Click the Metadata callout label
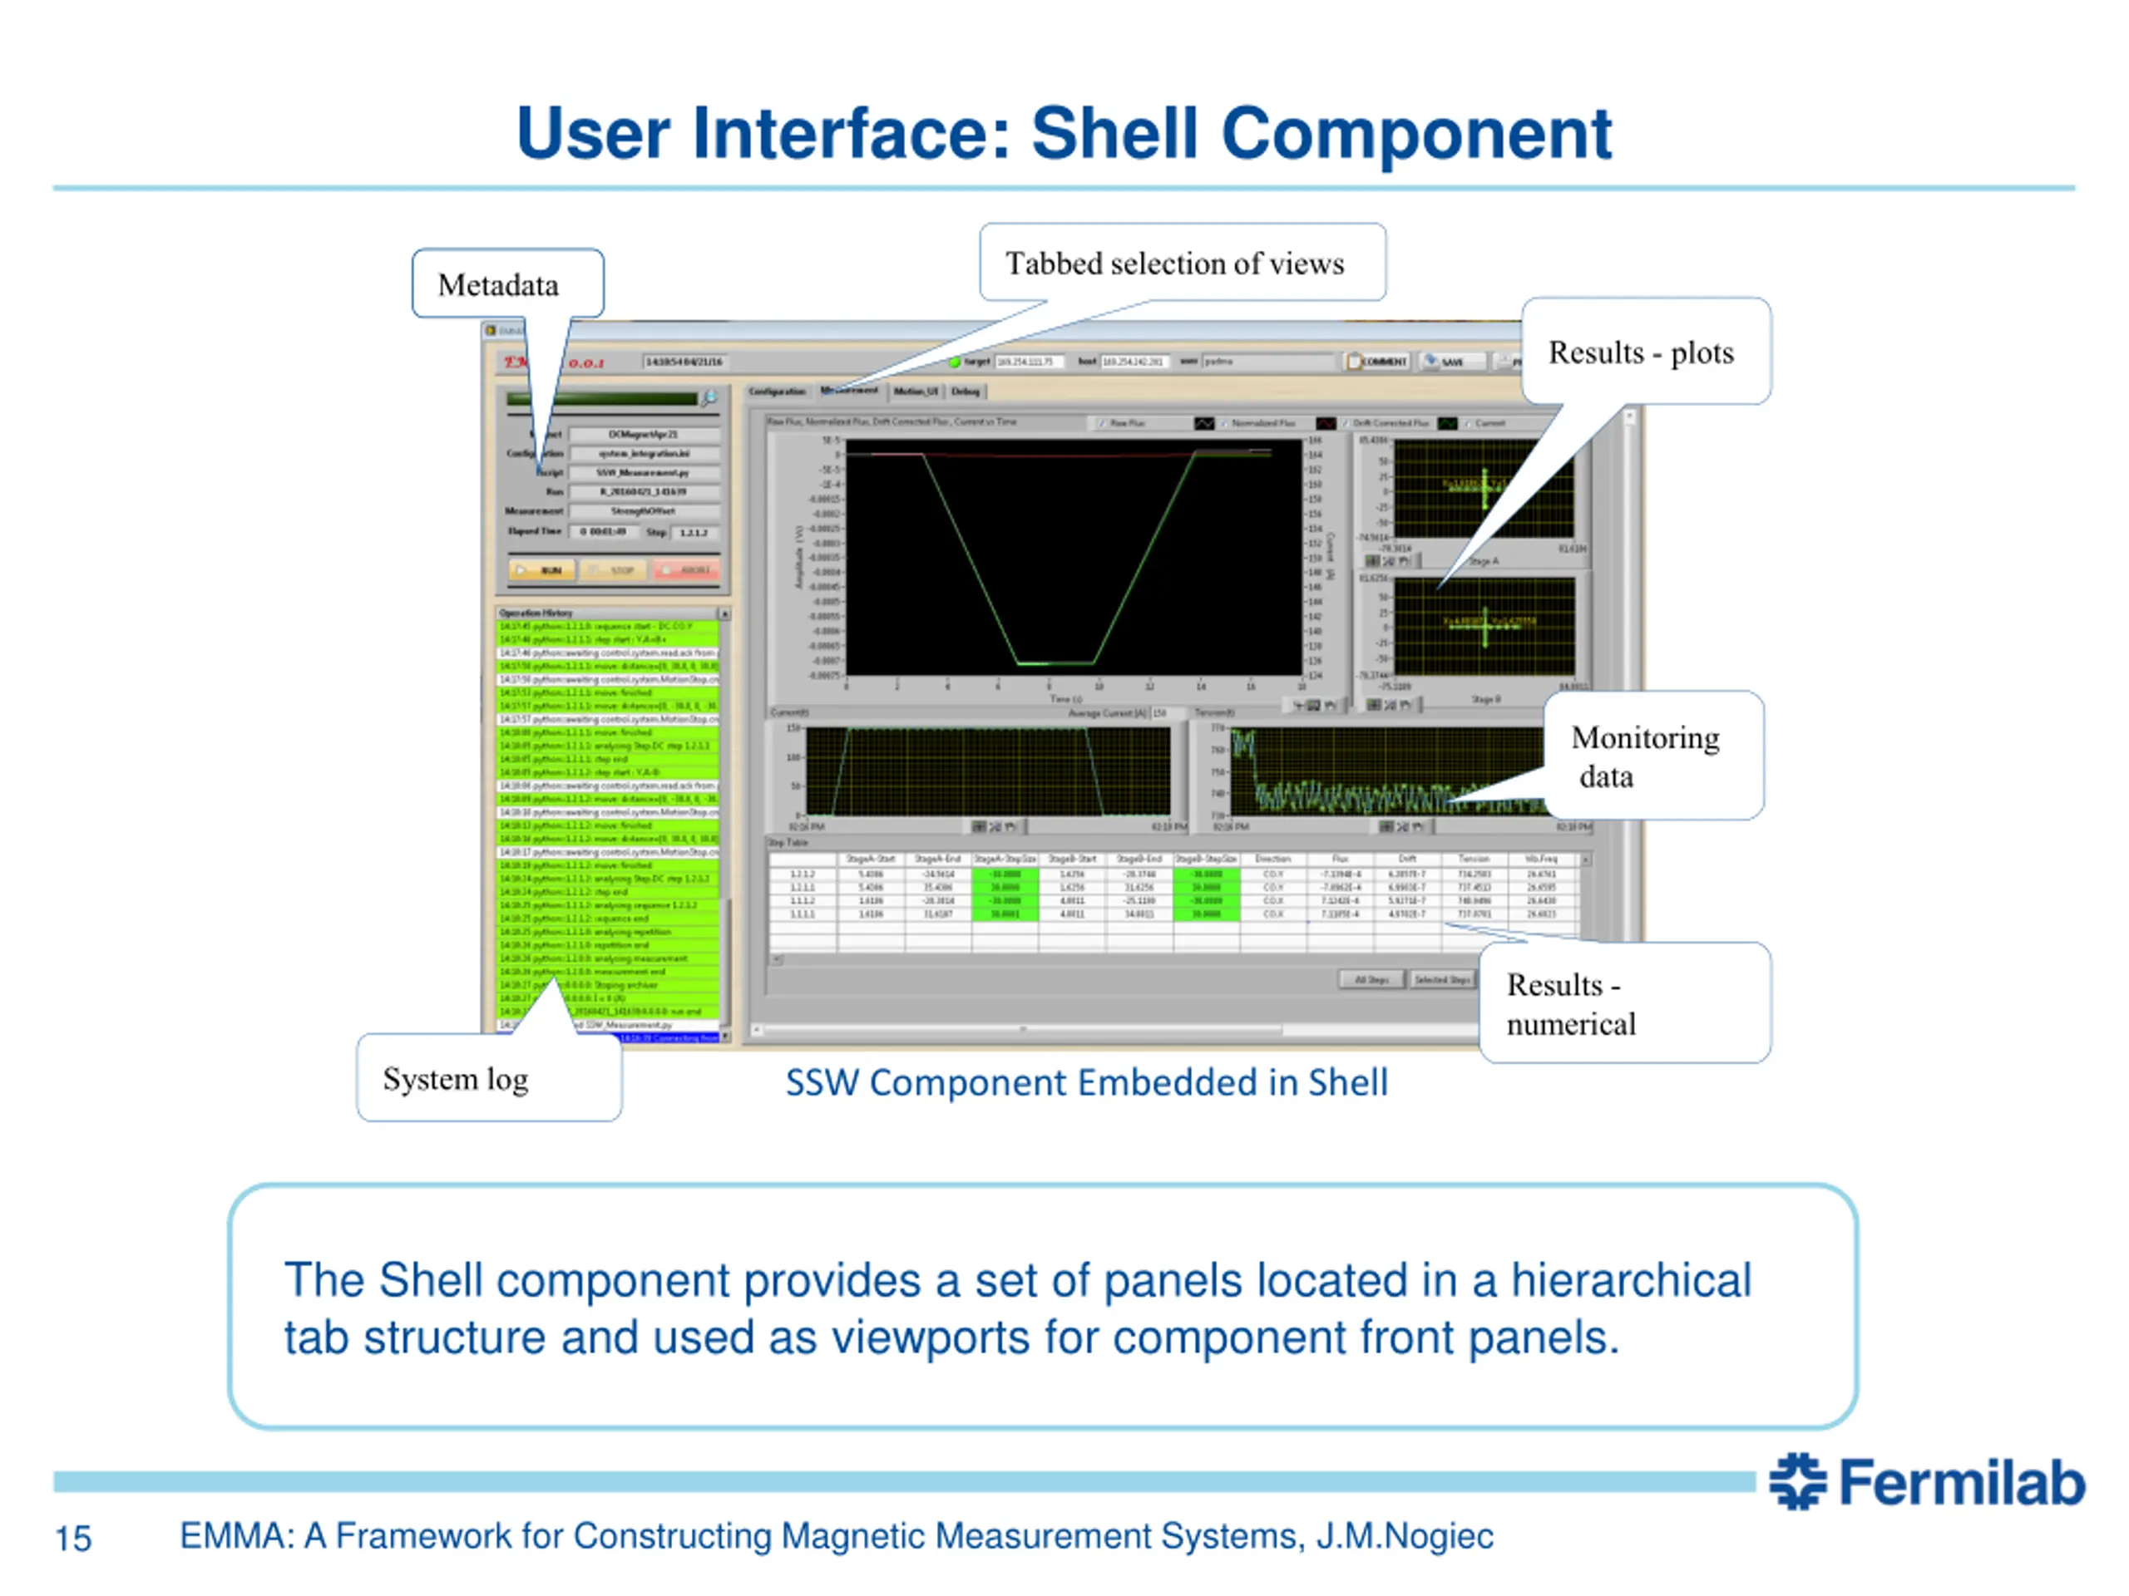point(498,285)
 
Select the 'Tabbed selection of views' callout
point(1174,264)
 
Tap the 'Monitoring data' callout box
point(1645,756)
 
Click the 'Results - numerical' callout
point(1571,1004)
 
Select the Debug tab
point(966,392)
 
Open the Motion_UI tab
point(916,392)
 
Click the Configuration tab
point(777,392)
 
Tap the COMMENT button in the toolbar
point(1378,362)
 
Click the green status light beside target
point(954,362)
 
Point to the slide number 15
point(73,1539)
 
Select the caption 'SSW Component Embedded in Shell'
point(1085,1083)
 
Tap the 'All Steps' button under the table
point(1371,979)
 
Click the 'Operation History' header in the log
point(536,613)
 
